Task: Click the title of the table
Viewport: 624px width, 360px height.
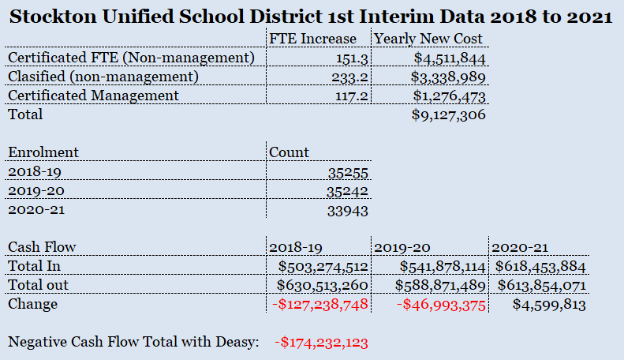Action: click(x=311, y=17)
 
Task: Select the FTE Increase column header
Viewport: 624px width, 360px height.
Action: click(x=312, y=37)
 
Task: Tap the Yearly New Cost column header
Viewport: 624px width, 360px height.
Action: click(x=428, y=37)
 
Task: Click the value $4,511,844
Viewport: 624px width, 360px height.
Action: click(x=448, y=57)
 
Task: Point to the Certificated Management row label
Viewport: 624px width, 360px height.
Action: click(x=93, y=96)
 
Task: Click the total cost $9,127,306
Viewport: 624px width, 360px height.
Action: click(x=448, y=115)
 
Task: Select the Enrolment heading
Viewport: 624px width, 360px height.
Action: click(x=43, y=152)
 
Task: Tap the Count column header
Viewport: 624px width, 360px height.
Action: click(x=290, y=152)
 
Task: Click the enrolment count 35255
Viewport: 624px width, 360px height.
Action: click(x=348, y=172)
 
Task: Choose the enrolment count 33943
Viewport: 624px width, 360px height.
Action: click(x=348, y=211)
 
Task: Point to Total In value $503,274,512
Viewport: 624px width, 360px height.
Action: click(x=323, y=267)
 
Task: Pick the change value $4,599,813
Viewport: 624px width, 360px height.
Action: click(x=549, y=305)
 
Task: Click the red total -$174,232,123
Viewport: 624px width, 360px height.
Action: click(x=321, y=343)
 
